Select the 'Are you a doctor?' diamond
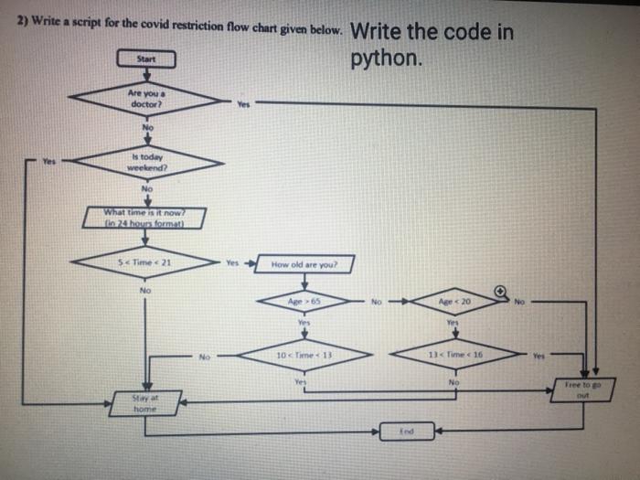146,98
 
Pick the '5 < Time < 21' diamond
145,262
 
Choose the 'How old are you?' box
304,264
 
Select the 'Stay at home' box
144,403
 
